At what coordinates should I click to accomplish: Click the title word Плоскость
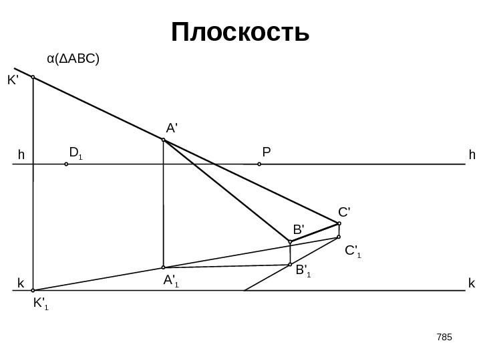tap(240, 31)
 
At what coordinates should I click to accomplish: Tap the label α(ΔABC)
tap(73, 59)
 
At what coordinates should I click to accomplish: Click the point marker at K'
tap(33, 77)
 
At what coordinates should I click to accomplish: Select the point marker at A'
tap(163, 140)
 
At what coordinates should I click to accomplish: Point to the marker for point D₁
tap(66, 163)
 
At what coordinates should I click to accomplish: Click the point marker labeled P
tap(259, 163)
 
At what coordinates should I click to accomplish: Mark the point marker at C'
tap(339, 223)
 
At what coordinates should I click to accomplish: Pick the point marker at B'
tap(290, 241)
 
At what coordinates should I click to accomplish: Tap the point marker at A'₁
tap(163, 267)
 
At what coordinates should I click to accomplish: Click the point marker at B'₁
tap(290, 265)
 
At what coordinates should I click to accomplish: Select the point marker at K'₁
tap(33, 291)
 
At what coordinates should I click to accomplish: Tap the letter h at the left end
tap(21, 155)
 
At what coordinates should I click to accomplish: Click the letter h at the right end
tap(472, 155)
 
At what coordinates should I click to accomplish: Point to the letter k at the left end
tap(21, 283)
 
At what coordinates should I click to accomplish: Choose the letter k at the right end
tap(472, 283)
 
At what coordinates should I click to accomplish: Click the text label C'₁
tap(353, 252)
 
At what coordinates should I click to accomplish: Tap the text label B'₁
tap(304, 271)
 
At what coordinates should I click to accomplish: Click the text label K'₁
tap(41, 306)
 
